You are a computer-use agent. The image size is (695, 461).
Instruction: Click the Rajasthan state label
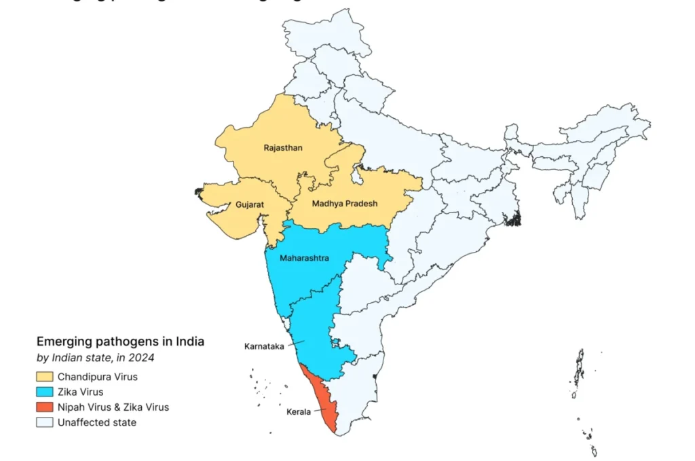(x=283, y=147)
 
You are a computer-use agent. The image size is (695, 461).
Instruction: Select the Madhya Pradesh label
(x=344, y=204)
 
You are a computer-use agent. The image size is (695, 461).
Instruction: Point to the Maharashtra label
(x=305, y=258)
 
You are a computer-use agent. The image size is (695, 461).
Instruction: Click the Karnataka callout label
(x=263, y=346)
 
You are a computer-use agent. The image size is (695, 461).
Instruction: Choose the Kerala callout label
(x=297, y=412)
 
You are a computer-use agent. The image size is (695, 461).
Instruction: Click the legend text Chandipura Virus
(x=98, y=377)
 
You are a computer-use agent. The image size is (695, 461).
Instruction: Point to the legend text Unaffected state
(x=97, y=423)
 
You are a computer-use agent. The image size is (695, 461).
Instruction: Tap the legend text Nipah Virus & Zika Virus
(x=113, y=407)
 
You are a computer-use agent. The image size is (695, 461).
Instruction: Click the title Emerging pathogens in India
(x=120, y=342)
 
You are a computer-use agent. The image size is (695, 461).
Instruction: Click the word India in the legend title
(x=190, y=342)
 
